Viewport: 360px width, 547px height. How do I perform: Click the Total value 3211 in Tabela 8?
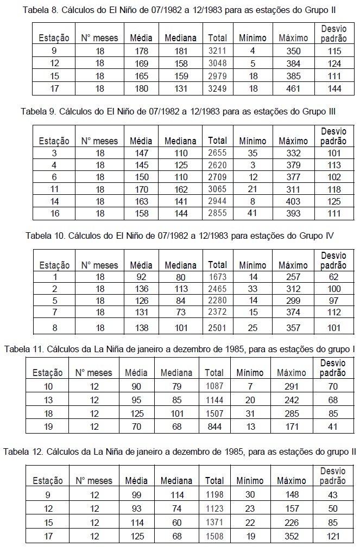(218, 51)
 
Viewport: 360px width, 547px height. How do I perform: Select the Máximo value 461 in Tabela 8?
(293, 88)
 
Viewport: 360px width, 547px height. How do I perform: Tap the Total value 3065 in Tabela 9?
(218, 189)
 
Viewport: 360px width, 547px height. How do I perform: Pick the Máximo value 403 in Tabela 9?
(293, 201)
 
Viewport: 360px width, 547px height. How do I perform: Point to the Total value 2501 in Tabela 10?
(218, 327)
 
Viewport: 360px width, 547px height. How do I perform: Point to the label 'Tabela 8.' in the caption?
(40, 10)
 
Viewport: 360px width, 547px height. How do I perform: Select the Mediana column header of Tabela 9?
(181, 141)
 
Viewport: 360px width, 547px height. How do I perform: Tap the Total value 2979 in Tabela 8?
(218, 76)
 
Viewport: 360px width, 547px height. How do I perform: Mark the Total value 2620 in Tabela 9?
(218, 164)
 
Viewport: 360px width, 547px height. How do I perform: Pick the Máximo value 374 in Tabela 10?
(293, 312)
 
